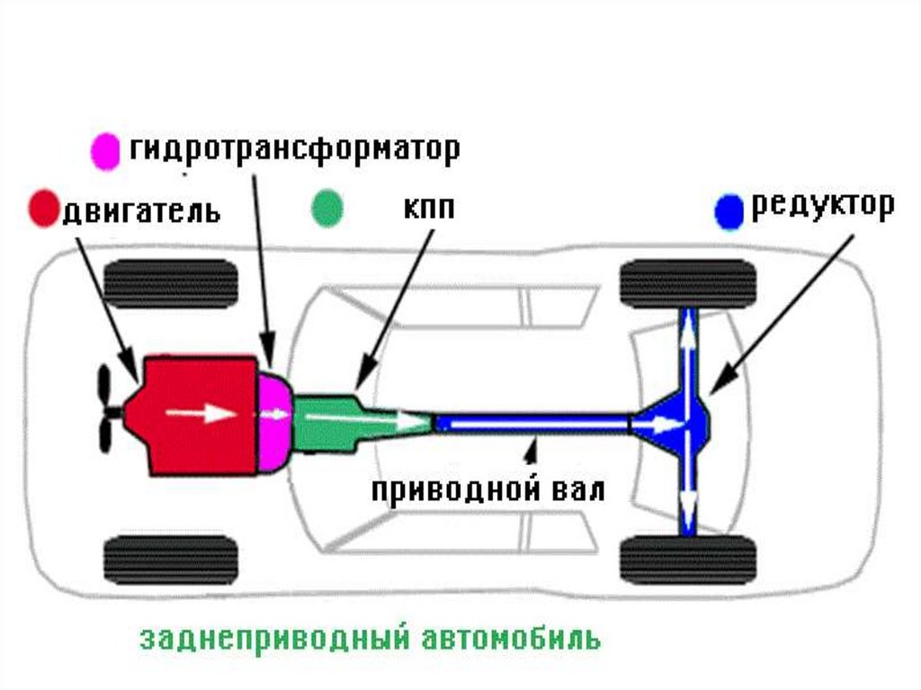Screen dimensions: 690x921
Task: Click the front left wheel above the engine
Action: pyautogui.click(x=171, y=284)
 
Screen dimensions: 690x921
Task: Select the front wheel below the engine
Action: pyautogui.click(x=171, y=560)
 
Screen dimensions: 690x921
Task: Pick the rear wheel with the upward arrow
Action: pyautogui.click(x=688, y=284)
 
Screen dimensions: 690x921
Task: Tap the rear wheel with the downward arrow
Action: pyautogui.click(x=688, y=560)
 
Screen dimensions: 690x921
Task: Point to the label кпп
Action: pyautogui.click(x=428, y=209)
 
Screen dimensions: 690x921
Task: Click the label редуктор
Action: pyautogui.click(x=823, y=206)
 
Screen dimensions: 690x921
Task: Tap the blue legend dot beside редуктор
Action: pyautogui.click(x=728, y=211)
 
